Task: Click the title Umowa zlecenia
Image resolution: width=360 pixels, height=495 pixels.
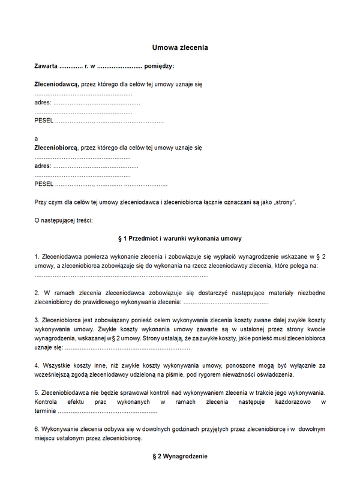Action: pos(180,47)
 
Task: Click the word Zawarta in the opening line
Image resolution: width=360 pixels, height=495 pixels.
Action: pos(46,66)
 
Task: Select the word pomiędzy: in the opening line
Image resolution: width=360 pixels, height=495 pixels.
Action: pos(160,66)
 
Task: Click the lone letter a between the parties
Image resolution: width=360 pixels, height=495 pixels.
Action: pos(37,138)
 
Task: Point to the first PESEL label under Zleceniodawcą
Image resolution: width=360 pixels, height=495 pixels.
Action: pos(44,121)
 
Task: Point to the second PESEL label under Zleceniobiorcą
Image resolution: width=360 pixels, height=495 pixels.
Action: pos(44,184)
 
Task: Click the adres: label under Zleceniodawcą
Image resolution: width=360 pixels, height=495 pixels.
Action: pos(43,103)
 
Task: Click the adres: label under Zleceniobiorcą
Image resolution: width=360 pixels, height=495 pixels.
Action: pos(43,166)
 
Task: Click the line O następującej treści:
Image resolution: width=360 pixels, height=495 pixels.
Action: pos(64,220)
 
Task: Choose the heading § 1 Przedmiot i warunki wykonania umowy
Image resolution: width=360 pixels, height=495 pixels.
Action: pos(180,239)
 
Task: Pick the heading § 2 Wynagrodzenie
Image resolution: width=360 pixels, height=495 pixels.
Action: pos(180,457)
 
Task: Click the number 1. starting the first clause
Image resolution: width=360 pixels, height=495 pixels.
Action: pos(37,257)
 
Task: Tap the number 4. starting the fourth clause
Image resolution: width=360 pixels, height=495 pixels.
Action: pos(37,365)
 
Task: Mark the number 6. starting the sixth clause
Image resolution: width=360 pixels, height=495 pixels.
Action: pos(37,429)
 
